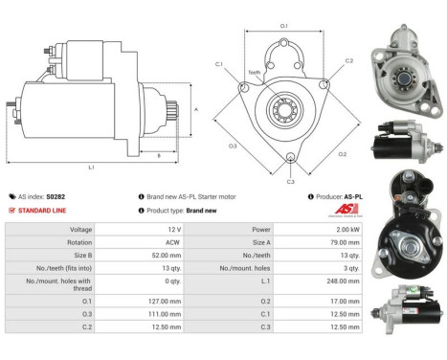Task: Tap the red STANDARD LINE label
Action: click(43, 210)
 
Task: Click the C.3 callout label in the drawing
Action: click(290, 180)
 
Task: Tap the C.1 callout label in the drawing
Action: click(219, 64)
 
